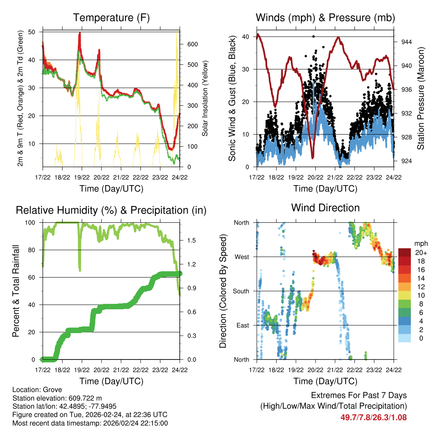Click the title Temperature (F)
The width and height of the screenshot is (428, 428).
tap(111, 18)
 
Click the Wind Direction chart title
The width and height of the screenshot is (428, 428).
tap(325, 208)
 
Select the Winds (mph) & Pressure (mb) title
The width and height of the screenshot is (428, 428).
tap(325, 18)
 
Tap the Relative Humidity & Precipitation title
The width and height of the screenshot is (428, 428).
tap(111, 210)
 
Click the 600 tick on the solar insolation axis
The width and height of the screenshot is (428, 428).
tap(193, 44)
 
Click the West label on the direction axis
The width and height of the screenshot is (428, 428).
tap(241, 257)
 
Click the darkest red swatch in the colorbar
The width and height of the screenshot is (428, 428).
tap(405, 252)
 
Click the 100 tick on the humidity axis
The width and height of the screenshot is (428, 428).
tap(30, 222)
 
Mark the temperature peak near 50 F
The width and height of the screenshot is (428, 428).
tap(79, 33)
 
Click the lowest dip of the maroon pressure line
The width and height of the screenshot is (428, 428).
tap(312, 157)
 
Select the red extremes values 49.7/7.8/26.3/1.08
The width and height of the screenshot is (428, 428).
tap(373, 417)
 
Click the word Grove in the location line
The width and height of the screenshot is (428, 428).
tap(50, 390)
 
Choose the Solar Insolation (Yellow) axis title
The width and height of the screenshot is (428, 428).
tap(205, 98)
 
